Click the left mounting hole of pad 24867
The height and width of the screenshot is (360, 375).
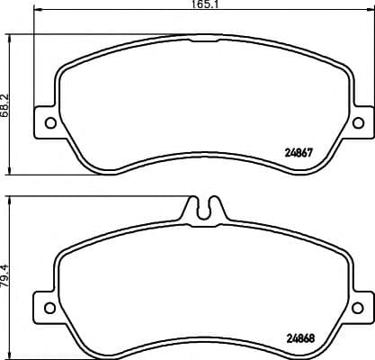pyautogui.click(x=50, y=122)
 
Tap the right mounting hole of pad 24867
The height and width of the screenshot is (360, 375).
pyautogui.click(x=358, y=122)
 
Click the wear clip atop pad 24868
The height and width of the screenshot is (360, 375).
pyautogui.click(x=204, y=208)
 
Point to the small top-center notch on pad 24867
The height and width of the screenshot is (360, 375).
pyautogui.click(x=204, y=39)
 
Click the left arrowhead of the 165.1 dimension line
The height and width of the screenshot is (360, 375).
pyautogui.click(x=36, y=12)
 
